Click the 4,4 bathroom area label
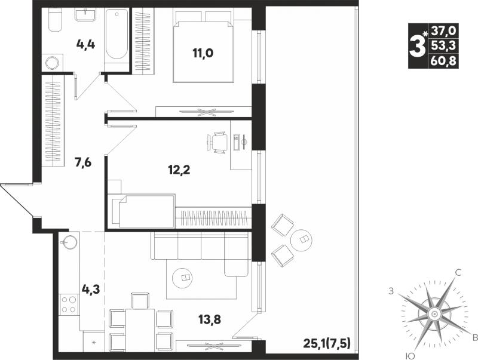85,45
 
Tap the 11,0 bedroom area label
203,53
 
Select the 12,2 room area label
179,170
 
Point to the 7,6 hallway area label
83,163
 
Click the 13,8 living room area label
210,319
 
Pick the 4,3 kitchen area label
90,288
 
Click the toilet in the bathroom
56,20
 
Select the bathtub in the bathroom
117,34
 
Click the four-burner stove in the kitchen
69,304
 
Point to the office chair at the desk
217,142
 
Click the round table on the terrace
302,239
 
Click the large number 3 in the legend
417,46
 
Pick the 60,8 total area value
443,61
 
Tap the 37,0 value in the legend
443,30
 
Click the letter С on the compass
458,273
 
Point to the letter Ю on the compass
411,356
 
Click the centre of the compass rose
434,313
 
